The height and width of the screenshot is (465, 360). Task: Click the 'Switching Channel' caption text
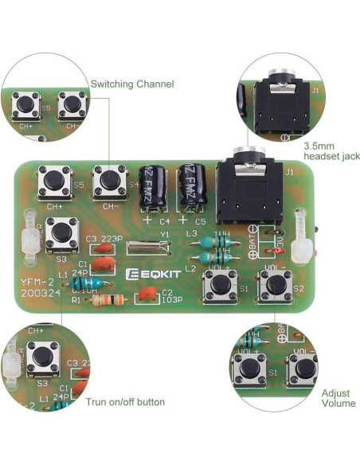point(131,84)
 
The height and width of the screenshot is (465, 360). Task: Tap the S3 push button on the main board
point(61,233)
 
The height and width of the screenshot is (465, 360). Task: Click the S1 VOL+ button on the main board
point(219,283)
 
